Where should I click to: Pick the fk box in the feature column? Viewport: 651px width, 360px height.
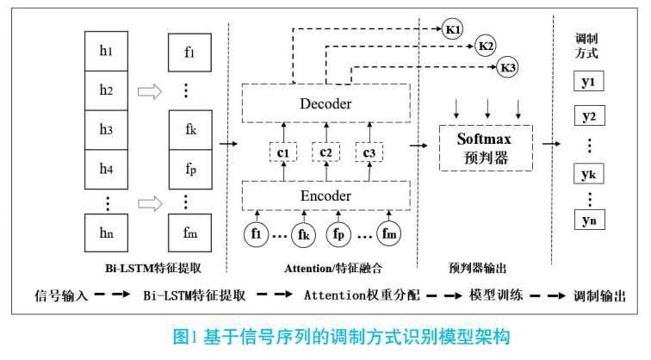[x=189, y=130]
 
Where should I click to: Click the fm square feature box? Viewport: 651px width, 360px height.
[x=189, y=232]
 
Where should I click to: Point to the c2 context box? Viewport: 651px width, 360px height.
[x=325, y=152]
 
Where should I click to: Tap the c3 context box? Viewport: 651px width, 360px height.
[x=369, y=152]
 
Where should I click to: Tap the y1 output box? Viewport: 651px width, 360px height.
[x=589, y=83]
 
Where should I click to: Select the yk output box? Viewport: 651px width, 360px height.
[x=589, y=175]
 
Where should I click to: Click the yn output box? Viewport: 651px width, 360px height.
[x=589, y=221]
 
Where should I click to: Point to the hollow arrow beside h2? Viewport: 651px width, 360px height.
[x=150, y=90]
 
